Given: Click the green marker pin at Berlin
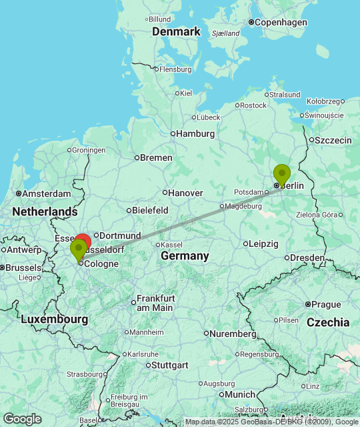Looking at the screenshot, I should pyautogui.click(x=282, y=175).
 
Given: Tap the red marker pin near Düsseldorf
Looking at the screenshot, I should pyautogui.click(x=83, y=242).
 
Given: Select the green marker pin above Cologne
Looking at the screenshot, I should pyautogui.click(x=78, y=250).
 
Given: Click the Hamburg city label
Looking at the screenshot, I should pyautogui.click(x=195, y=133).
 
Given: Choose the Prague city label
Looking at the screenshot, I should pyautogui.click(x=326, y=304).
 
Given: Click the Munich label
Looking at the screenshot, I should pyautogui.click(x=240, y=394).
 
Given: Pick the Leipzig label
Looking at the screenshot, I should pyautogui.click(x=263, y=244).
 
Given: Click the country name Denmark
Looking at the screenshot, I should pyautogui.click(x=176, y=31).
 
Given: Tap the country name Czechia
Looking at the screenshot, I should pyautogui.click(x=328, y=322).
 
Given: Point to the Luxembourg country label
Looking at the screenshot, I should pyautogui.click(x=54, y=320).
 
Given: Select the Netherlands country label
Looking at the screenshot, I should pyautogui.click(x=44, y=211).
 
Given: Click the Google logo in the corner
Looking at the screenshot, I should pyautogui.click(x=22, y=419).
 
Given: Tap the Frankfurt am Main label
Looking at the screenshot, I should pyautogui.click(x=155, y=303).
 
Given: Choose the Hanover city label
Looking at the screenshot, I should pyautogui.click(x=185, y=193).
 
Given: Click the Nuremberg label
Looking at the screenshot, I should pyautogui.click(x=233, y=333).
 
